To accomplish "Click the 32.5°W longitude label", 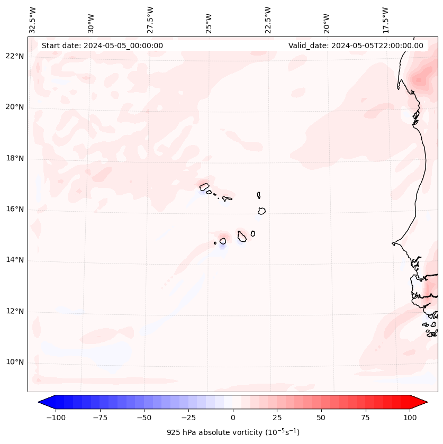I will pyautogui.click(x=33, y=20).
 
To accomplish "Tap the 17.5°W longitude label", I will pyautogui.click(x=385, y=20).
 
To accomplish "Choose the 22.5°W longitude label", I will pyautogui.click(x=268, y=20).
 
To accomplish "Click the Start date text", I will pyautogui.click(x=102, y=46).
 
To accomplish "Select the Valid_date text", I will pyautogui.click(x=356, y=46).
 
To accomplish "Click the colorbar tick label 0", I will pyautogui.click(x=232, y=418).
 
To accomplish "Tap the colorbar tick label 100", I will pyautogui.click(x=410, y=418).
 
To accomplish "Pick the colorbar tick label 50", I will pyautogui.click(x=321, y=418).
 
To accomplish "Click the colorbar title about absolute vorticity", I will pyautogui.click(x=233, y=432).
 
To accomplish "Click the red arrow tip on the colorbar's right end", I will pyautogui.click(x=423, y=403).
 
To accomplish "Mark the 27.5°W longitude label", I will pyautogui.click(x=150, y=20).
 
